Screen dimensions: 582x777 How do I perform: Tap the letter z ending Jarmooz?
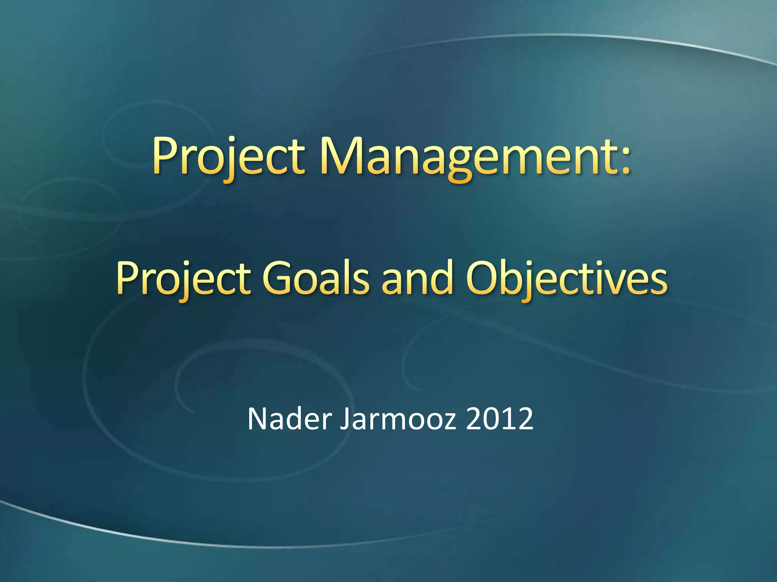[x=450, y=422]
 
